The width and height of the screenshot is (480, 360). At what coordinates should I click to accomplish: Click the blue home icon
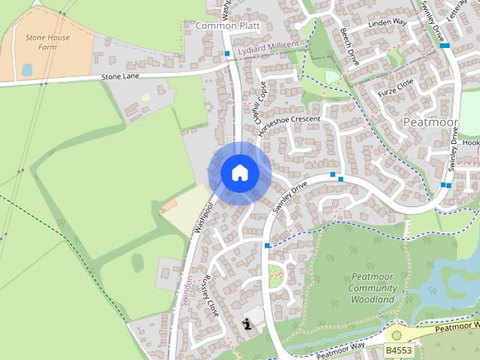[x=240, y=173]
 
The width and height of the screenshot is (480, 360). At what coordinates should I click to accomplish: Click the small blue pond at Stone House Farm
[x=27, y=69]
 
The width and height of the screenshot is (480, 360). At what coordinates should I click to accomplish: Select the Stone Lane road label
[x=121, y=76]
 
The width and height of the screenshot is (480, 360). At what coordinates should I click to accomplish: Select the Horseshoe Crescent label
[x=289, y=124]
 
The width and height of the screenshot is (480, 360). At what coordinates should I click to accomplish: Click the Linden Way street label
[x=388, y=22]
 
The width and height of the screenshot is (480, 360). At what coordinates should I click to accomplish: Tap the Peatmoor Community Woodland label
[x=373, y=288]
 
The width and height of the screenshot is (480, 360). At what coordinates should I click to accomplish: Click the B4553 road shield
[x=399, y=350]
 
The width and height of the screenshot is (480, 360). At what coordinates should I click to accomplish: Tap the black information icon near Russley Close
[x=247, y=323]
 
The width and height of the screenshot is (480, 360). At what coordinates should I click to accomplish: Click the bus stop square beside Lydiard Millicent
[x=227, y=53]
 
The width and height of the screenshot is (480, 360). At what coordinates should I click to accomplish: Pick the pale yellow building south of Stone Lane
[x=145, y=97]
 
